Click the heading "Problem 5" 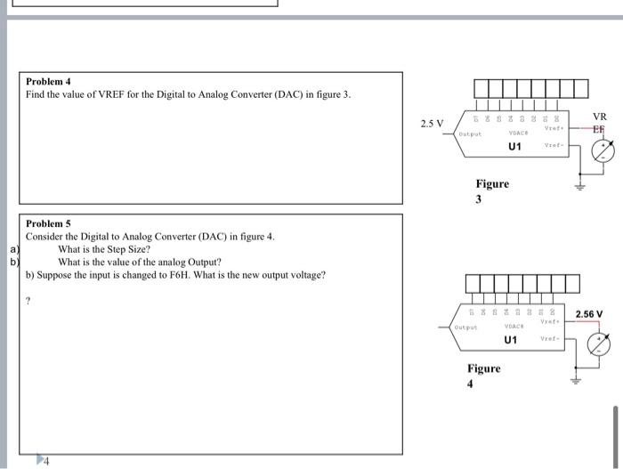47,223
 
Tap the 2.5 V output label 433,123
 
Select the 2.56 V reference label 588,314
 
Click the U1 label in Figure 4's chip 510,340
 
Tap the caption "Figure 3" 492,190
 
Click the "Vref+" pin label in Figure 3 556,127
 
